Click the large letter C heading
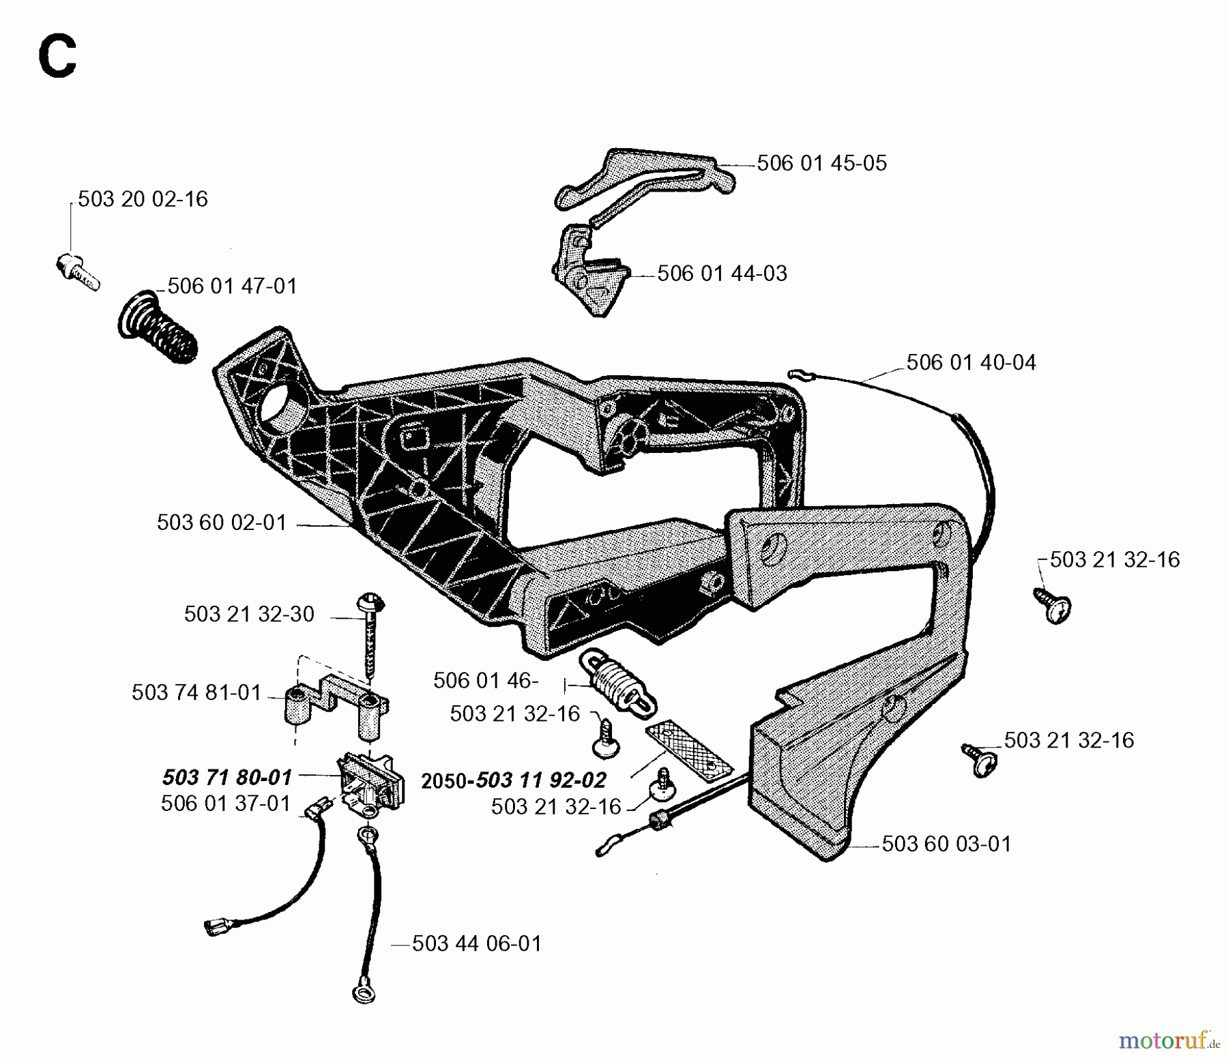[x=58, y=57]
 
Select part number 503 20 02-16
[x=143, y=199]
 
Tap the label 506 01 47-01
[x=232, y=286]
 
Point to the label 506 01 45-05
[x=821, y=164]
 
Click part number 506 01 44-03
[x=722, y=274]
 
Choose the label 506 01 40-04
[x=971, y=362]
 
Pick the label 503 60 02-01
[x=222, y=523]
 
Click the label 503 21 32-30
[x=249, y=614]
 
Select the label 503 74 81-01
[x=196, y=693]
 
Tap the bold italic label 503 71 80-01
[x=227, y=777]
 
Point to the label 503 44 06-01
[x=476, y=944]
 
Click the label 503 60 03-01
[x=946, y=844]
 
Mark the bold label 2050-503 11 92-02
[x=514, y=780]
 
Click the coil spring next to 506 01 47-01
[x=158, y=327]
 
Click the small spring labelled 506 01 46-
[x=618, y=682]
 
